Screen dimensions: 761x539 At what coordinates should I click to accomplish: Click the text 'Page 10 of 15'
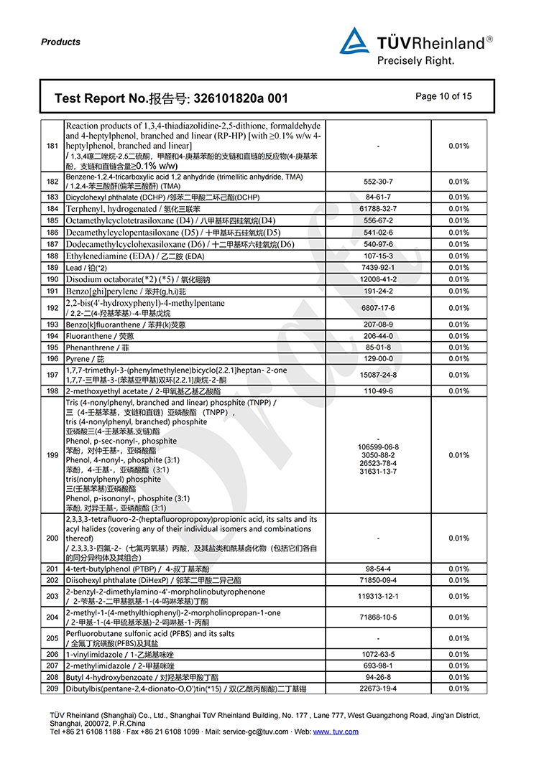pyautogui.click(x=443, y=96)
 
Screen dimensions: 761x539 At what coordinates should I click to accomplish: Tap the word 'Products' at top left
pyautogui.click(x=60, y=42)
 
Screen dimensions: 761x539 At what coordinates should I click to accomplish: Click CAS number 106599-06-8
pyautogui.click(x=378, y=447)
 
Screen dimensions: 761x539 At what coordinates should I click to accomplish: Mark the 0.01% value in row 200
pyautogui.click(x=459, y=538)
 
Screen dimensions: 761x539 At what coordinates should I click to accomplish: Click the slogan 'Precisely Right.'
pyautogui.click(x=416, y=61)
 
